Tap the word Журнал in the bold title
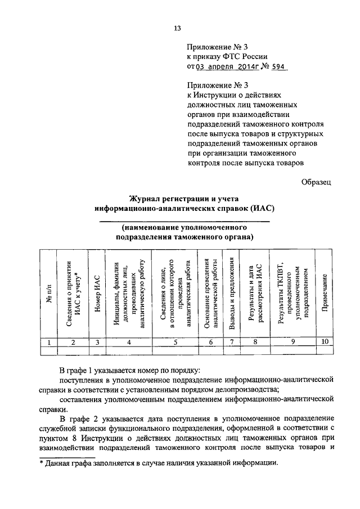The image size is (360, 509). click(x=147, y=199)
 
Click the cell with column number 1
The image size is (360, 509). click(x=49, y=342)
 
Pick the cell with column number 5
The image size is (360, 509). click(x=176, y=342)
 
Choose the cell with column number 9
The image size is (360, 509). click(x=292, y=342)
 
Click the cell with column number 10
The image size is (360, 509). click(x=325, y=342)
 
